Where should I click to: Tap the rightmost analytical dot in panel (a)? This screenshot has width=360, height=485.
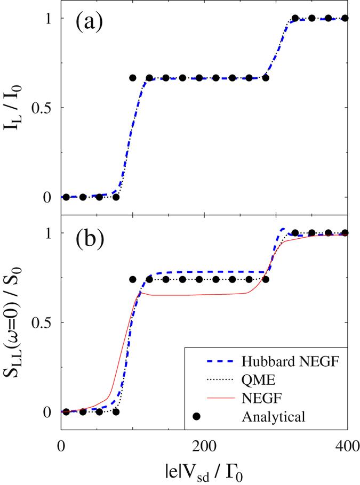pos(345,18)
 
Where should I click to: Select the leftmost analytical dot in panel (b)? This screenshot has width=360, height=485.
pos(66,411)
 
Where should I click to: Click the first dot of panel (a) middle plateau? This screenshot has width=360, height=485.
pos(133,78)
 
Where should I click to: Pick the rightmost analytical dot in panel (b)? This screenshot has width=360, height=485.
pos(345,233)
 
